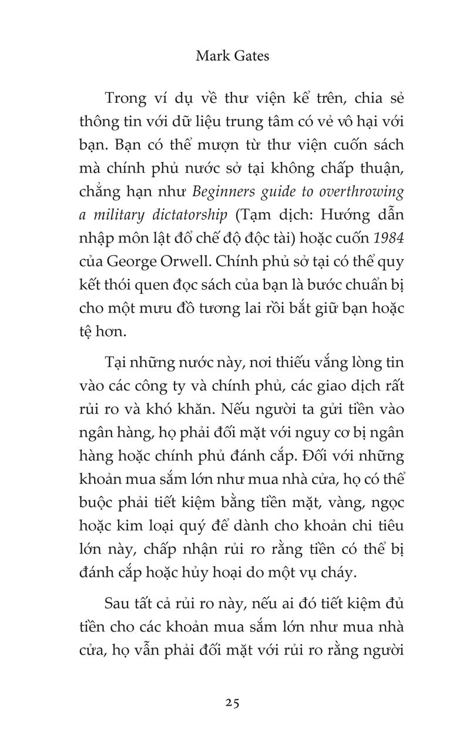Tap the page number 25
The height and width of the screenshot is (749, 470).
(231, 703)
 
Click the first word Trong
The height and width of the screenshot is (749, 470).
(126, 98)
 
